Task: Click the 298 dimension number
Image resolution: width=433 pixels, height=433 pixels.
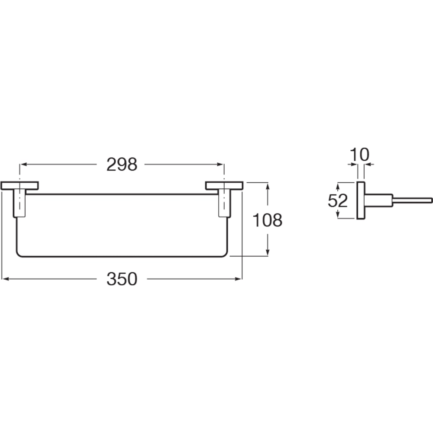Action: tap(122, 165)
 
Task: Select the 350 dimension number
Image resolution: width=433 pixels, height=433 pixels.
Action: tap(122, 279)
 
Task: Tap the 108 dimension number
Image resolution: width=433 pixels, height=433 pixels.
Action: tap(267, 220)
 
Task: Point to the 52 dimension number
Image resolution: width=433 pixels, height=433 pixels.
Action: tap(337, 200)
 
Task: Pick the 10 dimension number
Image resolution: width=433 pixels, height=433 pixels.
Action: tap(359, 155)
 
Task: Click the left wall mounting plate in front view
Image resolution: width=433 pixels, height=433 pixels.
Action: tap(19, 186)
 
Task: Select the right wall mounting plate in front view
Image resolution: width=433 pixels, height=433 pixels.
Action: tap(224, 186)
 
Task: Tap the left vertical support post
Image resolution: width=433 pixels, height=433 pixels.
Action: tap(19, 203)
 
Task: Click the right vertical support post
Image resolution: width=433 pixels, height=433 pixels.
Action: tap(224, 203)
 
